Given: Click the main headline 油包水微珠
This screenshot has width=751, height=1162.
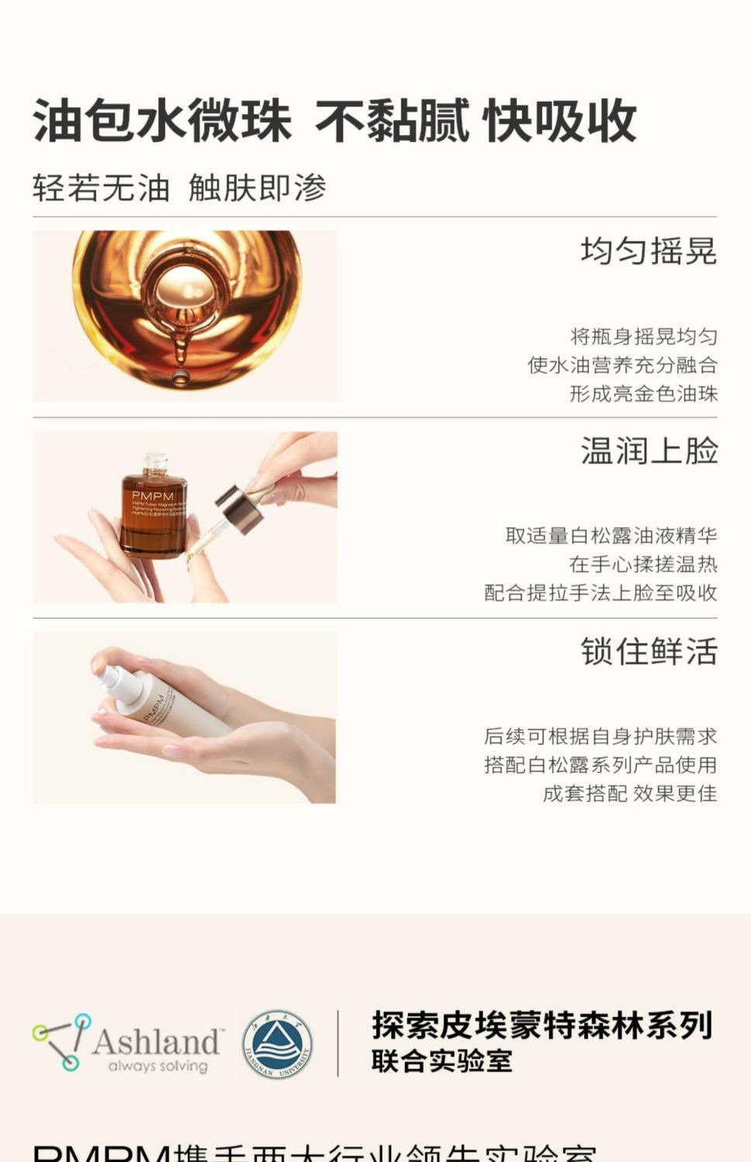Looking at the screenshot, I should point(161,121).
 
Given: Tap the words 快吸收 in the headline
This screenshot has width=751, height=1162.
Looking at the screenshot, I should point(559,121).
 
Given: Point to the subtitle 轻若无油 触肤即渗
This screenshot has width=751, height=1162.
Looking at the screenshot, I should point(179,188).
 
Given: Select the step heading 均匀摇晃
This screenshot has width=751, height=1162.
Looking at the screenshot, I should point(649,251).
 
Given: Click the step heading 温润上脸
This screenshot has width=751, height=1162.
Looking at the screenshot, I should point(649,451).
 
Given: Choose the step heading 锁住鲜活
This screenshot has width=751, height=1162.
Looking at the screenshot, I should point(649,652).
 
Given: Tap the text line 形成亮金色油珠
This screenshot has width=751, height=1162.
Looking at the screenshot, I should point(643,394).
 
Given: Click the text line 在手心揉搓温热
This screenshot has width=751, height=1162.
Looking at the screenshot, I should point(643,564).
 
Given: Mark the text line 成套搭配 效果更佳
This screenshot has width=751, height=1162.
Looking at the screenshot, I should point(629,794).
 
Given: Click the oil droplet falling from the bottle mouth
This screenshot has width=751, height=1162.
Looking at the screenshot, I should point(180,377).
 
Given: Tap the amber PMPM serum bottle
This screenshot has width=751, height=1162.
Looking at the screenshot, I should point(154,508).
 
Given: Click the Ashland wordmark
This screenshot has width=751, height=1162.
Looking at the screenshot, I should point(156,1041).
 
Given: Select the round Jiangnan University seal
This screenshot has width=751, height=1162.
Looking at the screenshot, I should point(277,1044).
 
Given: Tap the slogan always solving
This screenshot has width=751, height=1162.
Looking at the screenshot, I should point(157,1066).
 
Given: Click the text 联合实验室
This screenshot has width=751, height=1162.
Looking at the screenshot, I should point(441,1060).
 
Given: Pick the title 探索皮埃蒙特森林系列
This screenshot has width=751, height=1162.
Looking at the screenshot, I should point(542,1025).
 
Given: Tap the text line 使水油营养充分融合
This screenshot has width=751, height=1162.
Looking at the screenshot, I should point(622,365).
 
